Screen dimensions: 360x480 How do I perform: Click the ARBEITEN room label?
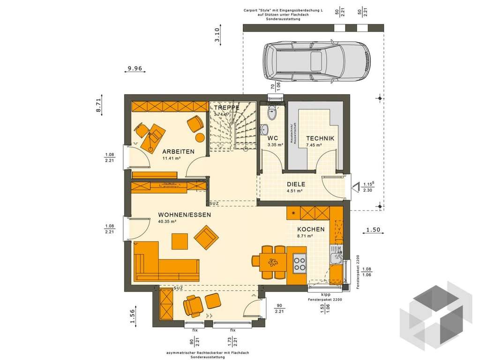tap(179, 152)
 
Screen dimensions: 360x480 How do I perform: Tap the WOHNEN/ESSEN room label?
tap(185, 215)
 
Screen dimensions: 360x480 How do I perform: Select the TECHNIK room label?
tap(320, 138)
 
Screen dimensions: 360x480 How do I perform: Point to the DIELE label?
tap(296, 184)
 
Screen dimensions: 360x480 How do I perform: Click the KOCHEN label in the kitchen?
tap(311, 229)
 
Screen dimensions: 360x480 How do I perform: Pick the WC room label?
tap(273, 138)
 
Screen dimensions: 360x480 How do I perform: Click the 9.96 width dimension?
tap(135, 69)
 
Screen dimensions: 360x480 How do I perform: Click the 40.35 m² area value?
tap(167, 222)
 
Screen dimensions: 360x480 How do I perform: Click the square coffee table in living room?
tap(180, 241)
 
